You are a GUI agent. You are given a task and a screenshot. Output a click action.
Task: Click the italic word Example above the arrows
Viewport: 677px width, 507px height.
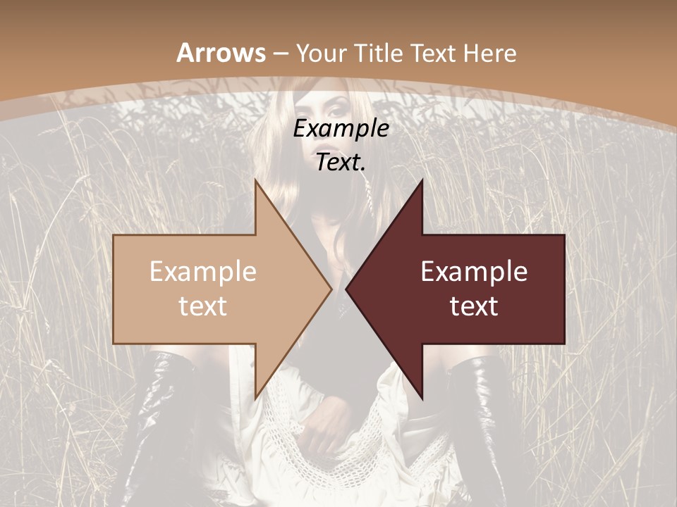coord(341,129)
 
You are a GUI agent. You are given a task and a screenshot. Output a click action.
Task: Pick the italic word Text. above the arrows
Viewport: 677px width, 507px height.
coord(341,163)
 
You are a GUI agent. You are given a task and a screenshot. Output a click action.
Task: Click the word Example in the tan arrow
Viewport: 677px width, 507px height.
coord(203,271)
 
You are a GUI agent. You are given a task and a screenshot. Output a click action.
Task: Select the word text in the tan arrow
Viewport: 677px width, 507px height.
coord(203,306)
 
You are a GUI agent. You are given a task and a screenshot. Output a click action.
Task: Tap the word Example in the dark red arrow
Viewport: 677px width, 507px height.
coord(474,271)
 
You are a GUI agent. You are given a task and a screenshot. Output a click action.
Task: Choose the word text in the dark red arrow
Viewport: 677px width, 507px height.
coord(474,306)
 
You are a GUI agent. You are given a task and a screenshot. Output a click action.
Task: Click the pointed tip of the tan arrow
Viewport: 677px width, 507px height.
coord(330,289)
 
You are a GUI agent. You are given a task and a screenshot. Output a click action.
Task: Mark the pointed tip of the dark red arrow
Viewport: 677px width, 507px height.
coord(348,289)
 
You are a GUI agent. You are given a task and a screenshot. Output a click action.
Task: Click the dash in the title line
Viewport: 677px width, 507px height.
coord(280,54)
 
